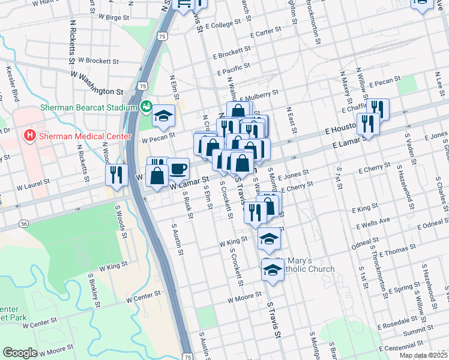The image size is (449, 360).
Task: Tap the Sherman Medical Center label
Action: (85, 136)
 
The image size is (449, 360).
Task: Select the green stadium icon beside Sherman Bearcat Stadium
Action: (145, 107)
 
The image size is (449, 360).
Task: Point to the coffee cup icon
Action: (178, 168)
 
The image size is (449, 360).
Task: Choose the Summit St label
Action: (418, 333)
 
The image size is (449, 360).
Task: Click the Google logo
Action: (20, 353)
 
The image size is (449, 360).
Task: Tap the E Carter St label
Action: (267, 31)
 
